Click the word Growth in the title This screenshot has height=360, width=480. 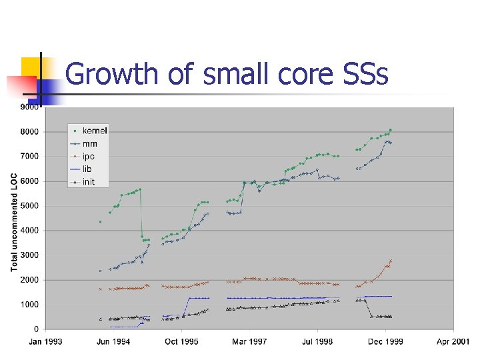coord(112,74)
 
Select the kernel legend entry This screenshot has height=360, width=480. coord(94,131)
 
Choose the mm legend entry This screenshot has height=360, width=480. coord(89,143)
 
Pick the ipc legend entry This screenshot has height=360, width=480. coord(89,156)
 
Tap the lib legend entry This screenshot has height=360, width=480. coord(87,169)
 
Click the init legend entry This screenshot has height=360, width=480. coord(88,181)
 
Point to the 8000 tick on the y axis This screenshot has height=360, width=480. coord(29,132)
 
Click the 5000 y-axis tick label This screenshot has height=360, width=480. coord(29,206)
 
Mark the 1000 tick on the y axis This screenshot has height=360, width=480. coord(29,305)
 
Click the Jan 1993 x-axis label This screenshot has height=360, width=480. coord(45,342)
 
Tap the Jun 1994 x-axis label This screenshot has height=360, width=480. coord(113,342)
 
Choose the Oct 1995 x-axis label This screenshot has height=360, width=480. coord(181,342)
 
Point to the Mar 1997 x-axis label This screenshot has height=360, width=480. coord(249,342)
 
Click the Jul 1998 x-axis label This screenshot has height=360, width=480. coord(317,342)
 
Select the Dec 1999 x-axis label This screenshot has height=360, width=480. coord(385,342)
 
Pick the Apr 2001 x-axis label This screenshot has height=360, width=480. coord(453,342)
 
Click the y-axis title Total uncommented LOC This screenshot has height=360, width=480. coord(14,222)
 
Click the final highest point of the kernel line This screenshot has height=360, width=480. coord(390,130)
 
